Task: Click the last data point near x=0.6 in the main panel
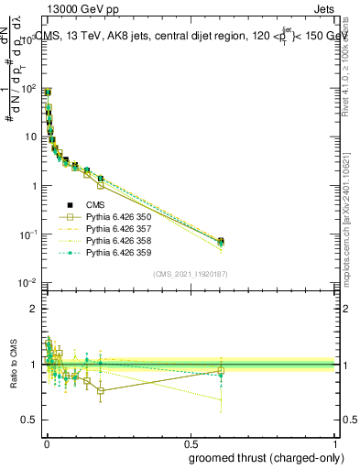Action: pos(221,242)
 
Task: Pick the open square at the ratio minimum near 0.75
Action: pos(100,391)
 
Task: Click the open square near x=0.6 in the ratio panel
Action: pos(221,371)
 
